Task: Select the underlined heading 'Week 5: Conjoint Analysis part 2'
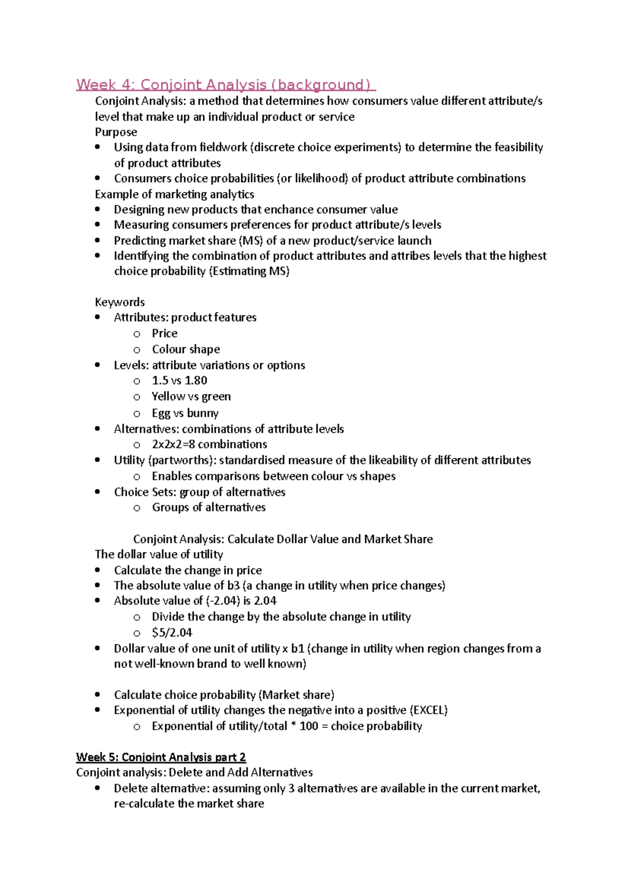click(x=161, y=757)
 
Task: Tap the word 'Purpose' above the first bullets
click(x=116, y=132)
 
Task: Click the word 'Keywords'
click(x=119, y=302)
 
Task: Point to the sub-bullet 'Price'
click(x=164, y=334)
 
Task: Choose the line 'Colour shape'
click(x=186, y=349)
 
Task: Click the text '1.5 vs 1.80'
click(x=180, y=381)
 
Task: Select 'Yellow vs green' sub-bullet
click(x=191, y=396)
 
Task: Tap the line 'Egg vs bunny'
click(x=185, y=413)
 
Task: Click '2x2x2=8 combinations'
click(x=209, y=445)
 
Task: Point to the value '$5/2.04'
click(x=172, y=633)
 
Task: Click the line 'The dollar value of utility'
click(x=159, y=554)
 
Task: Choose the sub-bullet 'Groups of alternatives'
click(x=208, y=507)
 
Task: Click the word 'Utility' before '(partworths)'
click(x=129, y=460)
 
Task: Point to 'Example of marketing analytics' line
click(x=174, y=195)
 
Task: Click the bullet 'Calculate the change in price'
click(x=188, y=570)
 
